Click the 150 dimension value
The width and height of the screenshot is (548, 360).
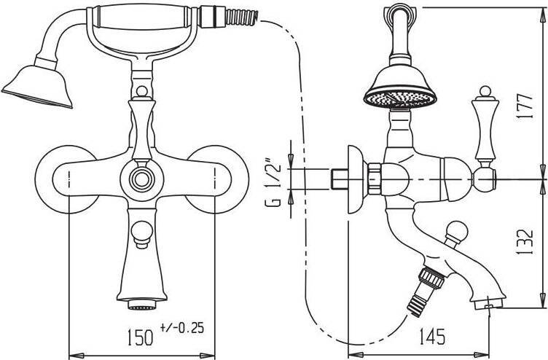pos(140,337)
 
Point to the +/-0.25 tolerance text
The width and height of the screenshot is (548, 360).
pos(181,328)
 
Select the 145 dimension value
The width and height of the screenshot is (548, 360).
pos(433,337)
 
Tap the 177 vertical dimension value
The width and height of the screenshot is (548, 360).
pos(525,106)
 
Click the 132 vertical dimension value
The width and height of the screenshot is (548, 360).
pos(525,242)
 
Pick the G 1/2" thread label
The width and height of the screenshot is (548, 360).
pos(273,184)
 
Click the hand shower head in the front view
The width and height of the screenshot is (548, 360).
pos(37,87)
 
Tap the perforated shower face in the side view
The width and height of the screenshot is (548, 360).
pos(400,98)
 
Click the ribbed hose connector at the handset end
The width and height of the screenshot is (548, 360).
pos(242,17)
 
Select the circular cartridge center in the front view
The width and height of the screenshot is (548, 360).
pos(141,180)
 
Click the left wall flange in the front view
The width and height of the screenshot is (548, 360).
pos(66,180)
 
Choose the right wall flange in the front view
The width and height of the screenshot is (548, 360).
pos(216,180)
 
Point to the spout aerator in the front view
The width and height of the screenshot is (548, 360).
pos(142,305)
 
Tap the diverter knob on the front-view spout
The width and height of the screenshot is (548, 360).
pos(141,235)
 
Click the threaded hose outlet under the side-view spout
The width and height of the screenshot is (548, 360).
pos(426,291)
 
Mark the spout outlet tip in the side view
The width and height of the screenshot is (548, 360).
pos(489,303)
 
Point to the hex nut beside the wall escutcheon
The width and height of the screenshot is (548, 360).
pos(374,179)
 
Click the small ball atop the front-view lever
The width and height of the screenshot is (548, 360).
pos(141,92)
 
